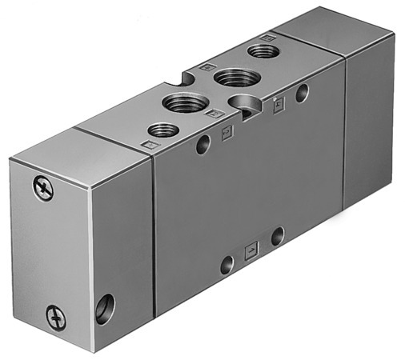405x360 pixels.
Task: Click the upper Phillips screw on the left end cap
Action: [41, 189]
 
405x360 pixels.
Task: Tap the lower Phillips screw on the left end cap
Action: [54, 316]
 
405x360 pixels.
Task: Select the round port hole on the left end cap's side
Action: [105, 307]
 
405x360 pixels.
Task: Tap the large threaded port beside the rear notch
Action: [233, 77]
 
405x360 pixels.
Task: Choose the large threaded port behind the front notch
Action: [186, 102]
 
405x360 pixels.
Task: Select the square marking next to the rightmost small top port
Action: [271, 37]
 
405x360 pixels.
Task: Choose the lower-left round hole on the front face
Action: [227, 265]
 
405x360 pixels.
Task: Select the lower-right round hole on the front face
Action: [277, 236]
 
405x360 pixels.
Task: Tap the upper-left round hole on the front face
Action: [203, 145]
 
